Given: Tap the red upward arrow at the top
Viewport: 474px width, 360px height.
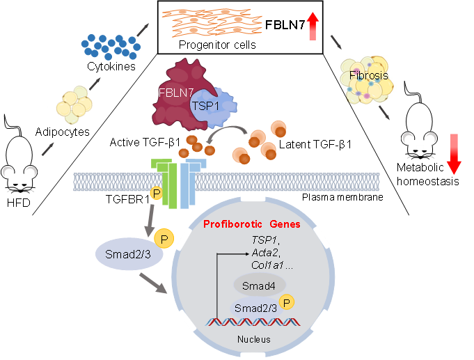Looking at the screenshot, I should [313, 27].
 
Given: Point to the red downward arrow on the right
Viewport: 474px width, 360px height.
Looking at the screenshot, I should [454, 154].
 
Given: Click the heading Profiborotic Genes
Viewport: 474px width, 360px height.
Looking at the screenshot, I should [251, 224].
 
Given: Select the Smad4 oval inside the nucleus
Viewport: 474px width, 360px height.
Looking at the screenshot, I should [258, 285].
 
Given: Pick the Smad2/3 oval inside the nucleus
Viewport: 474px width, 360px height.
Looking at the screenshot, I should [254, 307].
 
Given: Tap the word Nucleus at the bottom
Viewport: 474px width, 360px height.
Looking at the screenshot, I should [253, 340].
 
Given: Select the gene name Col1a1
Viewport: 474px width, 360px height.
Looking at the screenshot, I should [267, 265].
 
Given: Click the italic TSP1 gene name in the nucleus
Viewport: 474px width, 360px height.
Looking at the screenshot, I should [264, 240].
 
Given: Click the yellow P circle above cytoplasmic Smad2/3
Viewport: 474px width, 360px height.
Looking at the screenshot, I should [165, 239].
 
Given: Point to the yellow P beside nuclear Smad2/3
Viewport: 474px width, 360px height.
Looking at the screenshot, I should [288, 302].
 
